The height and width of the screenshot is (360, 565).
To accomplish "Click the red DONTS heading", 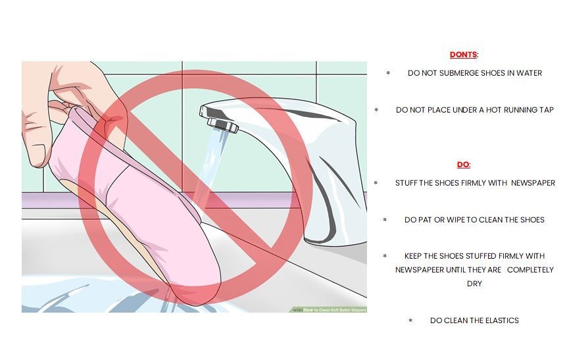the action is pos(463,55).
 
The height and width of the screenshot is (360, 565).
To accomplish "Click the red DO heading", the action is pos(463,165).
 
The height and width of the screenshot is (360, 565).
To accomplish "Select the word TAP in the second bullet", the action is pos(547,110).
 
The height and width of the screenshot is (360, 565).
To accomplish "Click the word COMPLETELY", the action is pos(530,270).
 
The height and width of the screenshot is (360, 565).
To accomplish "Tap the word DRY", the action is pos(474,284).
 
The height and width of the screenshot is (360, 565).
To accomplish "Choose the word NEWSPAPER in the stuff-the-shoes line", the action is pos(533,183).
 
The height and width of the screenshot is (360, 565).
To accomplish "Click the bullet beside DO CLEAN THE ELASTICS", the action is pos(410,321).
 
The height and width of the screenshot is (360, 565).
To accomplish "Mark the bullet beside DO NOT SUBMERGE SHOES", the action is pos(388,73).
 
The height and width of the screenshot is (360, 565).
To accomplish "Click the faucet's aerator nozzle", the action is pos(223,125).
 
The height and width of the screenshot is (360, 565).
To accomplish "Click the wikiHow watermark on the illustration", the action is pos(330,309).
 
